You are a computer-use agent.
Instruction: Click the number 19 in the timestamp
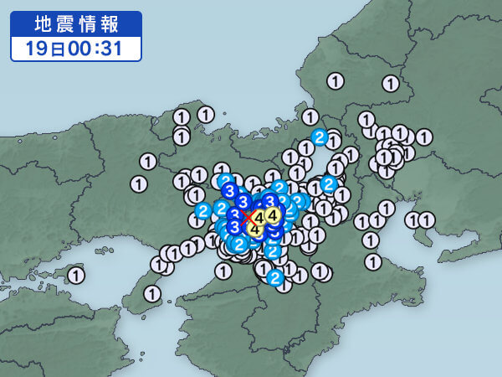[x=34, y=48]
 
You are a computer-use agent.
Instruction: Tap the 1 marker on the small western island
[x=76, y=274]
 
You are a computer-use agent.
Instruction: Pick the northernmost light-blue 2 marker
[x=319, y=137]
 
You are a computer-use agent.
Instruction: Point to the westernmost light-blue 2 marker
[x=202, y=210]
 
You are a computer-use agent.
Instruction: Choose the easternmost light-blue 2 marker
[x=329, y=183]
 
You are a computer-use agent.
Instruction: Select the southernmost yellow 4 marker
[x=255, y=229]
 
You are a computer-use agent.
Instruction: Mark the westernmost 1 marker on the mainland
[x=139, y=183]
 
